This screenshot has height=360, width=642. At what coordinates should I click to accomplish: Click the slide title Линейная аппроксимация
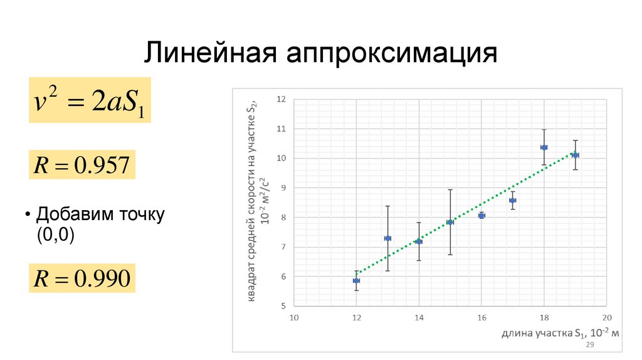(x=321, y=53)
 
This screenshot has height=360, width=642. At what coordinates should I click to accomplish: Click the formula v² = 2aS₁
(x=88, y=101)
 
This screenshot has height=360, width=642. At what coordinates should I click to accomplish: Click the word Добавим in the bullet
(x=73, y=215)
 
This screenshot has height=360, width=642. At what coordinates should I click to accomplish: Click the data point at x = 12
(x=356, y=280)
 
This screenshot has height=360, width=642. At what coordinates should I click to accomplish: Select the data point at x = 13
(x=387, y=238)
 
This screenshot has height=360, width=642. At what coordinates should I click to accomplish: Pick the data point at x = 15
(x=450, y=222)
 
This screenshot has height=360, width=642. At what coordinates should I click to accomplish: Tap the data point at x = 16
(x=481, y=215)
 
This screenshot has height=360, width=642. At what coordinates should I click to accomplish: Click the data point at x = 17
(x=513, y=200)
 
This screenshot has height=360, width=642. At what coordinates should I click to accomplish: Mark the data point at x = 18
(x=544, y=147)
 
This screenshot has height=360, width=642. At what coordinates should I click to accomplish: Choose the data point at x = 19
(x=576, y=154)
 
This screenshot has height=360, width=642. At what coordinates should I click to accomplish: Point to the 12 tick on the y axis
(x=281, y=98)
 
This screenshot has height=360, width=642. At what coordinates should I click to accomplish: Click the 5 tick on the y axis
(x=283, y=306)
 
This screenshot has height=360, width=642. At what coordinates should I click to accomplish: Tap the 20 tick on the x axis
(x=606, y=318)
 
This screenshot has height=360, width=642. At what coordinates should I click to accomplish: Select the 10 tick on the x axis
(x=293, y=318)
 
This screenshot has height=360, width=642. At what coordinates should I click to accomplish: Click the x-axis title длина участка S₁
(x=560, y=334)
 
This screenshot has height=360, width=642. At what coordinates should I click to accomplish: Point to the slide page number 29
(x=589, y=346)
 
